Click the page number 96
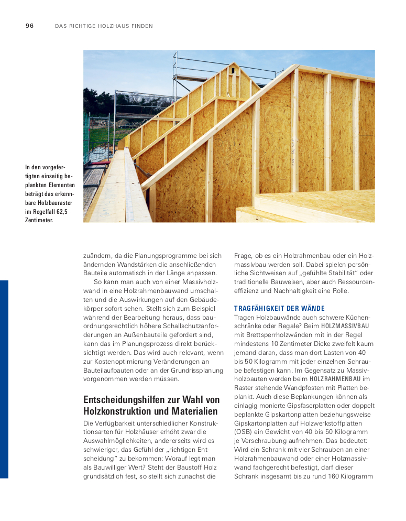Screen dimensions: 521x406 [x=29, y=26]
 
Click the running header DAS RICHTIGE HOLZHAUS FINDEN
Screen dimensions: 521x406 [x=104, y=26]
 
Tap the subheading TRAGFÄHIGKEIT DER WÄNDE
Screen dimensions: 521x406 [x=279, y=309]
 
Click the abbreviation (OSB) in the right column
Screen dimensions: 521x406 [x=244, y=432]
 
